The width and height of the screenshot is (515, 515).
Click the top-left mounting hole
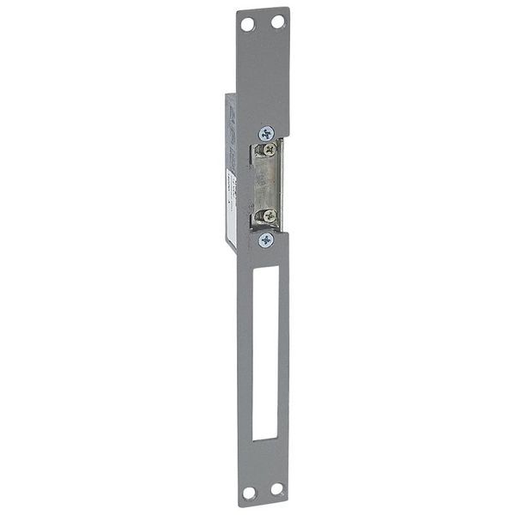point(247,24)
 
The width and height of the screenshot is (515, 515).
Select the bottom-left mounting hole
point(249,493)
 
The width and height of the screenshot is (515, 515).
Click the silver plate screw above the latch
point(267,133)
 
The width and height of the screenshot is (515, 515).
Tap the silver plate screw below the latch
point(266,239)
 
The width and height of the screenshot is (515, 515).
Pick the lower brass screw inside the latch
point(270,216)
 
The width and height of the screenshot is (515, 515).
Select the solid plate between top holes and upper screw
point(263,77)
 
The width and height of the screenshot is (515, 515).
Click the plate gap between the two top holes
point(262,22)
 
